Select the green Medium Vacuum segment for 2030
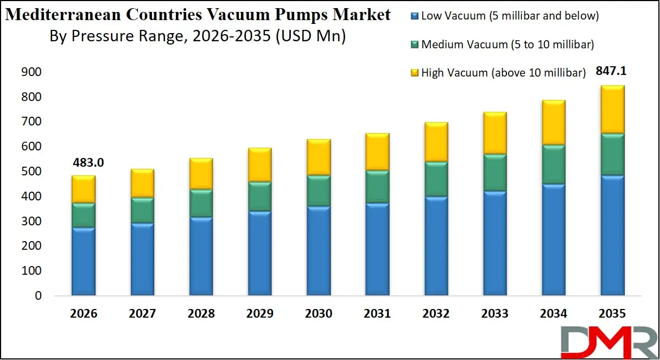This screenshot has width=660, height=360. point(318,191)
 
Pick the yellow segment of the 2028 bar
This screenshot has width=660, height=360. point(200,174)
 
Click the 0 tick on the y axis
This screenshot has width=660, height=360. point(37,296)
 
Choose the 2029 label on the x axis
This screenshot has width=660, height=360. point(259,314)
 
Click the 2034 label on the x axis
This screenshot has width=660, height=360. point(554,314)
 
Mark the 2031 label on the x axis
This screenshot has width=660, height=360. point(377,314)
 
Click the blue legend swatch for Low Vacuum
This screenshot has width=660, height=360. point(415,16)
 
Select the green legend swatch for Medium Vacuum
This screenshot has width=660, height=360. point(415,45)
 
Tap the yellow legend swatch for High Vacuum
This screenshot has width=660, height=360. point(415,73)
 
